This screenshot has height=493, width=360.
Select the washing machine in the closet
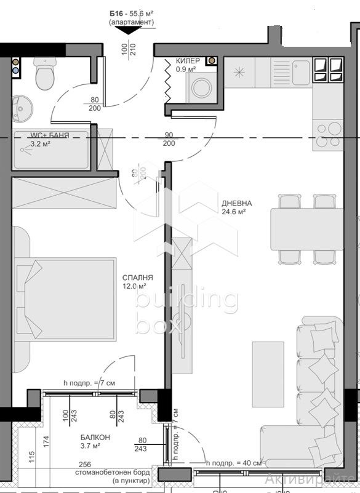tap(201, 88)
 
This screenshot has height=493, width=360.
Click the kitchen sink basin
tap(301, 72)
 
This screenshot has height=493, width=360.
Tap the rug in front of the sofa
tap(268, 374)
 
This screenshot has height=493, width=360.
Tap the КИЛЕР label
tap(187, 62)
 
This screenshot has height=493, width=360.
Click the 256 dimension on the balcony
tap(85, 465)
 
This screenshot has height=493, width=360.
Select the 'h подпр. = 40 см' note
tap(235, 463)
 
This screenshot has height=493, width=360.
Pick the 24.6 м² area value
tap(234, 212)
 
